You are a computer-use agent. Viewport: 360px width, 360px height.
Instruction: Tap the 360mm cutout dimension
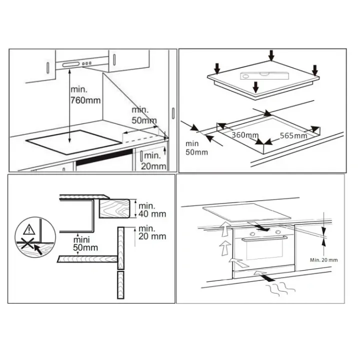point(244,135)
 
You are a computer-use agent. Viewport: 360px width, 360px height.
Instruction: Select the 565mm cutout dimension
point(293,135)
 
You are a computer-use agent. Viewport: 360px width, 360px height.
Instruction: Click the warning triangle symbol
point(29,229)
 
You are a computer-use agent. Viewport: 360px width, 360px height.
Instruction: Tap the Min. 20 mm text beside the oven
point(323,260)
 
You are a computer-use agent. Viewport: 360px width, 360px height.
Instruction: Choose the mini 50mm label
point(85,244)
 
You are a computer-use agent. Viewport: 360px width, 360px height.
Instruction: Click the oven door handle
point(264,238)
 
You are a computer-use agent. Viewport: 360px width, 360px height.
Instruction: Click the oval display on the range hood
point(71,64)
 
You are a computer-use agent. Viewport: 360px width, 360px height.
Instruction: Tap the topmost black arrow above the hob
point(271,55)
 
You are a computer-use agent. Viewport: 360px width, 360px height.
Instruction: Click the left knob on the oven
point(252,233)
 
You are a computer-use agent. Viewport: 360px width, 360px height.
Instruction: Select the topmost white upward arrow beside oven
point(225,228)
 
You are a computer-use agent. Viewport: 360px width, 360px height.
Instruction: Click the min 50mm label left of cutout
point(196,148)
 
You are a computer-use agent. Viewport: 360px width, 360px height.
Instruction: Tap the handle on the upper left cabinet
point(48,68)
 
